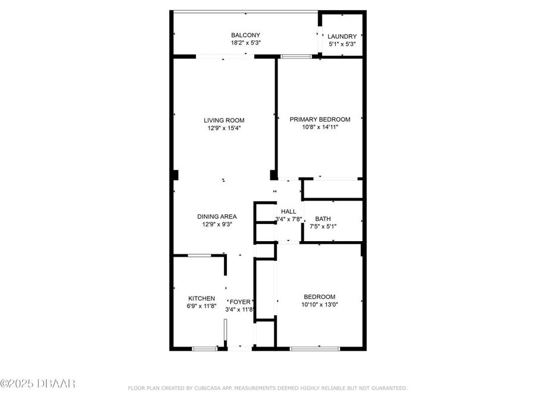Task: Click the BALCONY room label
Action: (245, 35)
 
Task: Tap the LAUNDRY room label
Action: (342, 36)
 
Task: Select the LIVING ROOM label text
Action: (224, 120)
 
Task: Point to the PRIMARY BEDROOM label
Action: (320, 119)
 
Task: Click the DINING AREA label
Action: (217, 216)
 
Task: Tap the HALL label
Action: (288, 211)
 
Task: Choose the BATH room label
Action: (323, 219)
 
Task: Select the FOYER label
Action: (240, 302)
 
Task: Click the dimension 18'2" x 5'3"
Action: (245, 43)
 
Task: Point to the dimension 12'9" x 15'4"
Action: (224, 127)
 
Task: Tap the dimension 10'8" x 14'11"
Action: (320, 127)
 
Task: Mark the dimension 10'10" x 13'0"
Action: (319, 305)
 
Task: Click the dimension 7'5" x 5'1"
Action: (323, 226)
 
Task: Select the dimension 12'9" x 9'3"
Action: (217, 225)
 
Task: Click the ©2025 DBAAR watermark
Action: (38, 384)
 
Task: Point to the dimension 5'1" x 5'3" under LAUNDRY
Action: (342, 43)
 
